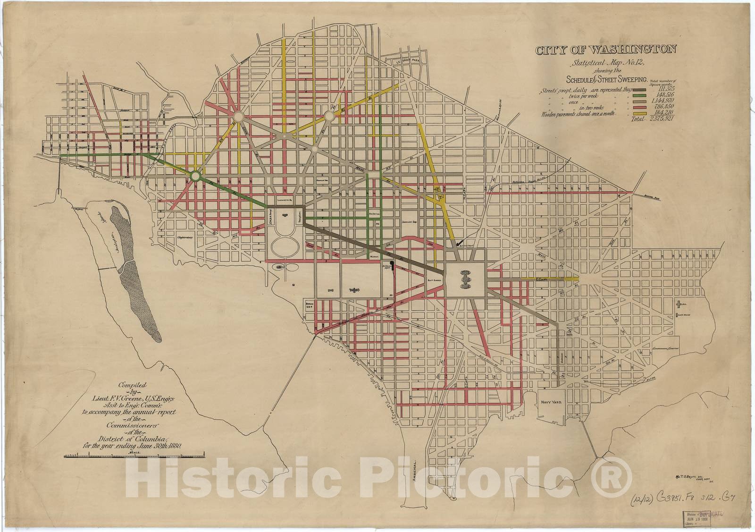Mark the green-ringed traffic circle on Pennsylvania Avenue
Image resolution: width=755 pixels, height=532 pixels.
pyautogui.click(x=195, y=176)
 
